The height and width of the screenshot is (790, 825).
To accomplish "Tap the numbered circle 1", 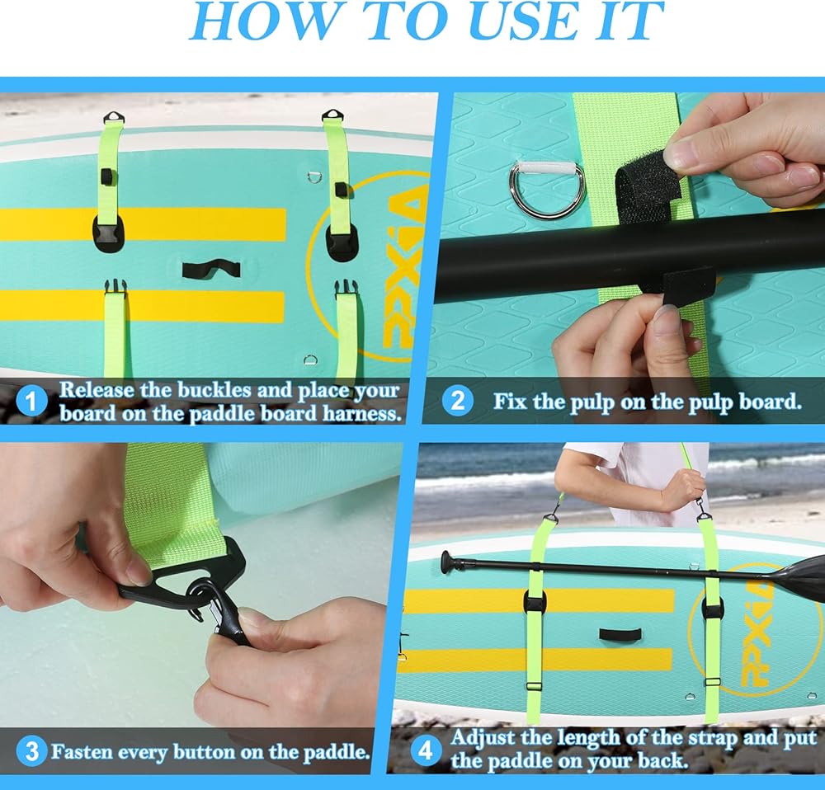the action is click(31, 402).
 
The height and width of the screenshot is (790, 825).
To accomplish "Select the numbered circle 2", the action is click(458, 402).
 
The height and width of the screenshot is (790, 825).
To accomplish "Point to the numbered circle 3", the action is click(31, 751).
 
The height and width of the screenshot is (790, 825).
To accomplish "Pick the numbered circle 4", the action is click(425, 751).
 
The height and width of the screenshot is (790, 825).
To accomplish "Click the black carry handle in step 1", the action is click(211, 269).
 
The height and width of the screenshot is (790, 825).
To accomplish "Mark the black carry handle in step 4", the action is click(621, 635).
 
